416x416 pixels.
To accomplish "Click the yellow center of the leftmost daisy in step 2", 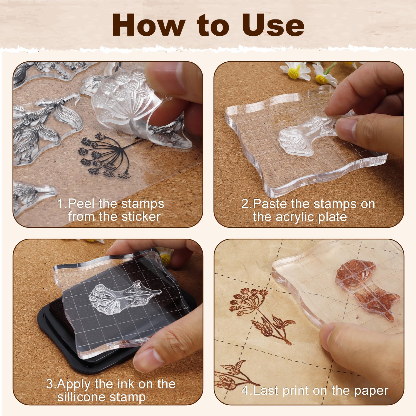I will (x=294, y=74).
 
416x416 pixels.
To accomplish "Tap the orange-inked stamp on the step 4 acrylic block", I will (x=364, y=289).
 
